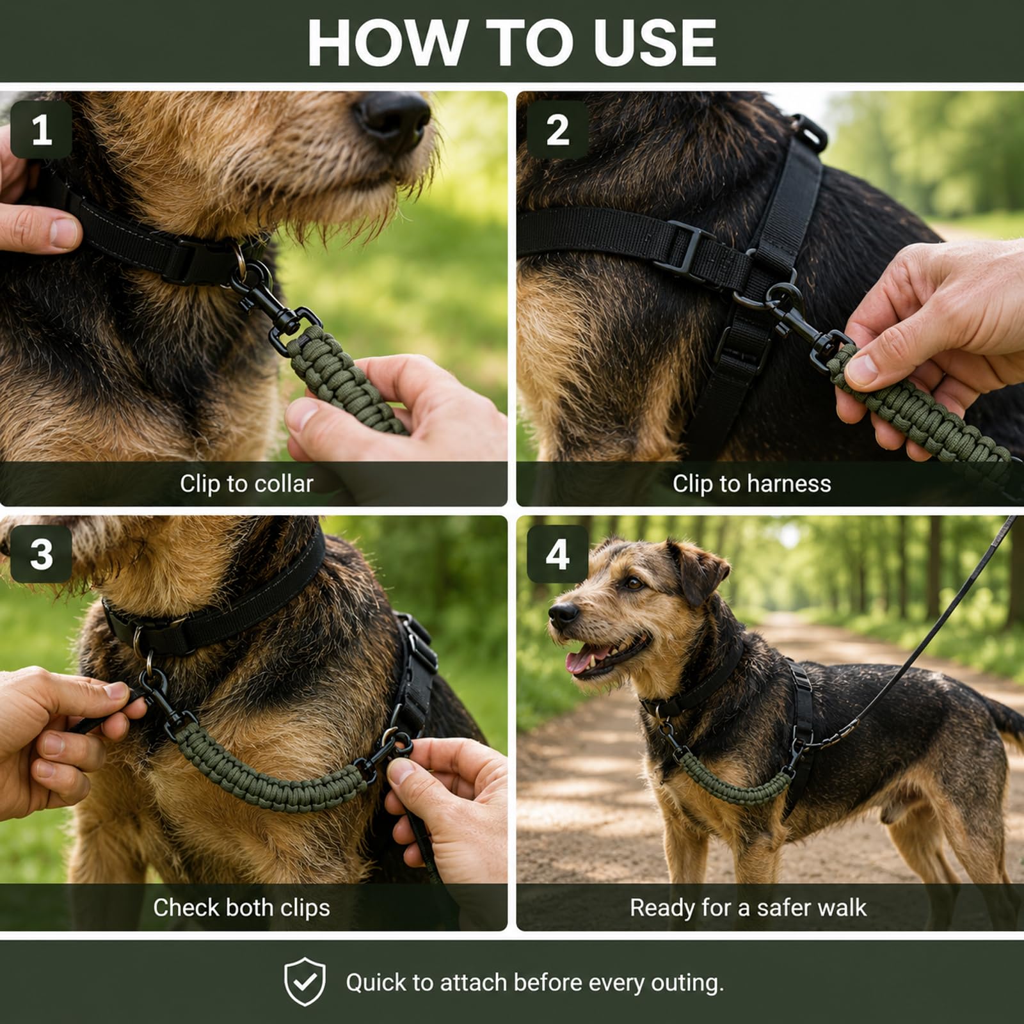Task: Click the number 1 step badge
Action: tap(42, 130)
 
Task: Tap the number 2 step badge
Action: tap(557, 130)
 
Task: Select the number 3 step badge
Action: tap(42, 554)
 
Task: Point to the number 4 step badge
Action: tap(557, 554)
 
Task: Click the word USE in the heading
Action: tap(654, 43)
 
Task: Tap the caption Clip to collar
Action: tap(246, 484)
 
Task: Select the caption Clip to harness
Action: tap(751, 484)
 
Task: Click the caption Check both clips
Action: tap(241, 908)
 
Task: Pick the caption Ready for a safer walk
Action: tap(748, 908)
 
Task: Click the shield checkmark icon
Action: tap(305, 982)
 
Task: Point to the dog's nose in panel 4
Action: tap(563, 614)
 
